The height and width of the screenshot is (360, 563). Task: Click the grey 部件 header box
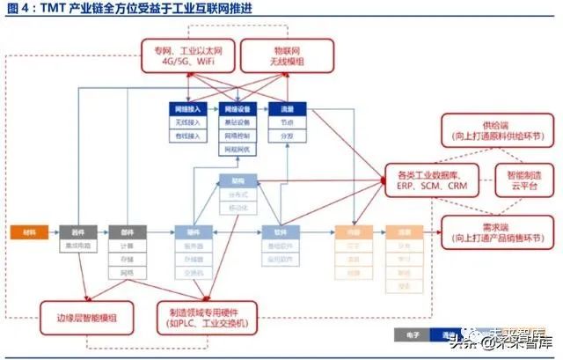click(x=126, y=231)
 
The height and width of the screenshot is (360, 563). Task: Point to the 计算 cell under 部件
click(x=126, y=246)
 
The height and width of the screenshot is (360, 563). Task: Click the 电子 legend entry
click(x=410, y=334)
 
